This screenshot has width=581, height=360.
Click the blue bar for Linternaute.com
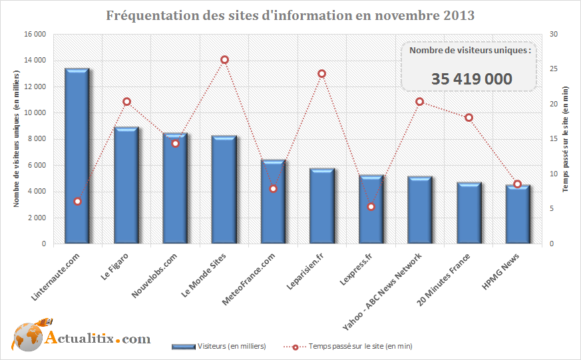click(x=77, y=156)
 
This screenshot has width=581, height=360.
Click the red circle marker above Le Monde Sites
click(x=224, y=60)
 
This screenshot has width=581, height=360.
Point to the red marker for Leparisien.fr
click(x=322, y=74)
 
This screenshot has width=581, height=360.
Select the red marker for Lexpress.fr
click(x=371, y=207)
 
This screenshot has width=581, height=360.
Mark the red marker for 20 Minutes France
click(x=469, y=118)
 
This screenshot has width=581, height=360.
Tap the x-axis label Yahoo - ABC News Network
click(x=383, y=290)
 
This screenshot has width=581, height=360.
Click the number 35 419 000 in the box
click(x=471, y=79)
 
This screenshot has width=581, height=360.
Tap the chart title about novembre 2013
click(x=290, y=15)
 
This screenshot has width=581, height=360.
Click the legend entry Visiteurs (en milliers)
click(x=219, y=346)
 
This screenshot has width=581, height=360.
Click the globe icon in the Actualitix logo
click(x=27, y=338)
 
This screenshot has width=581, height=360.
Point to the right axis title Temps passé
click(x=566, y=139)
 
